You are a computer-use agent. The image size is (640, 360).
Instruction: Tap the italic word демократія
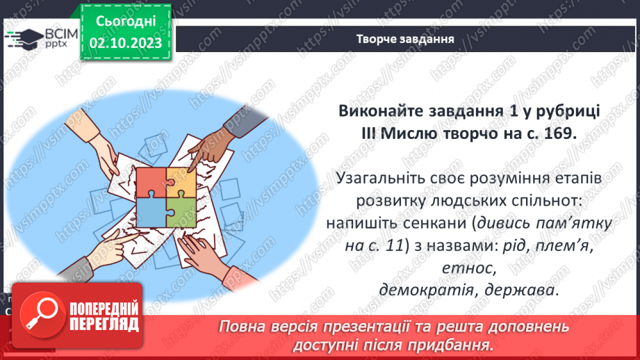[x=423, y=290]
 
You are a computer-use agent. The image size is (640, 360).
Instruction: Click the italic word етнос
[x=466, y=268]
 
